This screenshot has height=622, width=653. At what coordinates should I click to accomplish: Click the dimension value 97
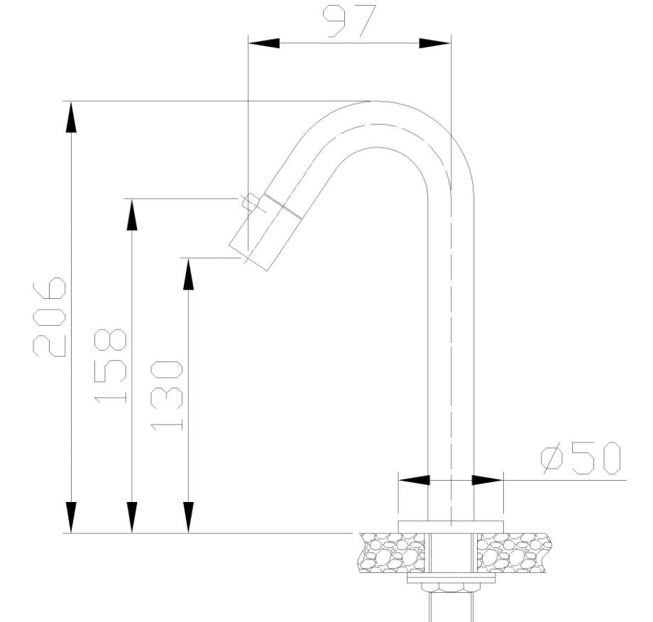click(349, 21)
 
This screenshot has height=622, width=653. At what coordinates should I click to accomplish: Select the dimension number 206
click(50, 317)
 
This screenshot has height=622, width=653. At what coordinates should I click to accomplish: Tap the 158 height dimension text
click(111, 366)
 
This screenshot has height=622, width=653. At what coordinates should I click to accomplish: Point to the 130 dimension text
click(168, 395)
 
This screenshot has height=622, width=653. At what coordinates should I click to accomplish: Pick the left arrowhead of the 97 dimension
click(263, 43)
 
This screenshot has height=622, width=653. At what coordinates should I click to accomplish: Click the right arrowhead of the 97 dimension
click(434, 43)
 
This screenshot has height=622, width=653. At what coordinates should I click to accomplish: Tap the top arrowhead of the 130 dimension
click(188, 274)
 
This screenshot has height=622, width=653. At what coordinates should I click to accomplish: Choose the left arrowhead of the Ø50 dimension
click(415, 480)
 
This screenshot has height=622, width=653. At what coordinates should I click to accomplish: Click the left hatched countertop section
click(393, 553)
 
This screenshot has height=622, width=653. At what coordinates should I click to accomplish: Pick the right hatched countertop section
click(513, 553)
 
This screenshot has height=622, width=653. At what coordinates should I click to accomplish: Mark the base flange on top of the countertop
click(451, 525)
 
